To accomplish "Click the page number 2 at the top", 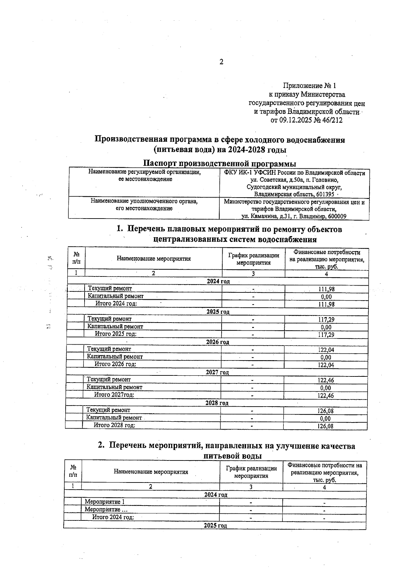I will pyautogui.click(x=221, y=62).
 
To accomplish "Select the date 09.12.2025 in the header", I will pyautogui.click(x=296, y=120).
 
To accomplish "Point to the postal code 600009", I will pyautogui.click(x=334, y=216).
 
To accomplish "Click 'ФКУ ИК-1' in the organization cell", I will pyautogui.click(x=236, y=173).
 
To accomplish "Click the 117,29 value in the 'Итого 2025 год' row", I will pyautogui.click(x=326, y=335).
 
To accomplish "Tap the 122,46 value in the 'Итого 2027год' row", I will pyautogui.click(x=326, y=395).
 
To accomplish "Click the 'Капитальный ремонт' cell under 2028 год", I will pyautogui.click(x=114, y=418).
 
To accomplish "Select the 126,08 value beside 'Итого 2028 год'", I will pyautogui.click(x=325, y=426).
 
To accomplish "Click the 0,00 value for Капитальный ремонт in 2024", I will pyautogui.click(x=326, y=297).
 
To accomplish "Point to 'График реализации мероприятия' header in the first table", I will pyautogui.click(x=253, y=259).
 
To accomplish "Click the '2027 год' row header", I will pyautogui.click(x=217, y=372).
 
